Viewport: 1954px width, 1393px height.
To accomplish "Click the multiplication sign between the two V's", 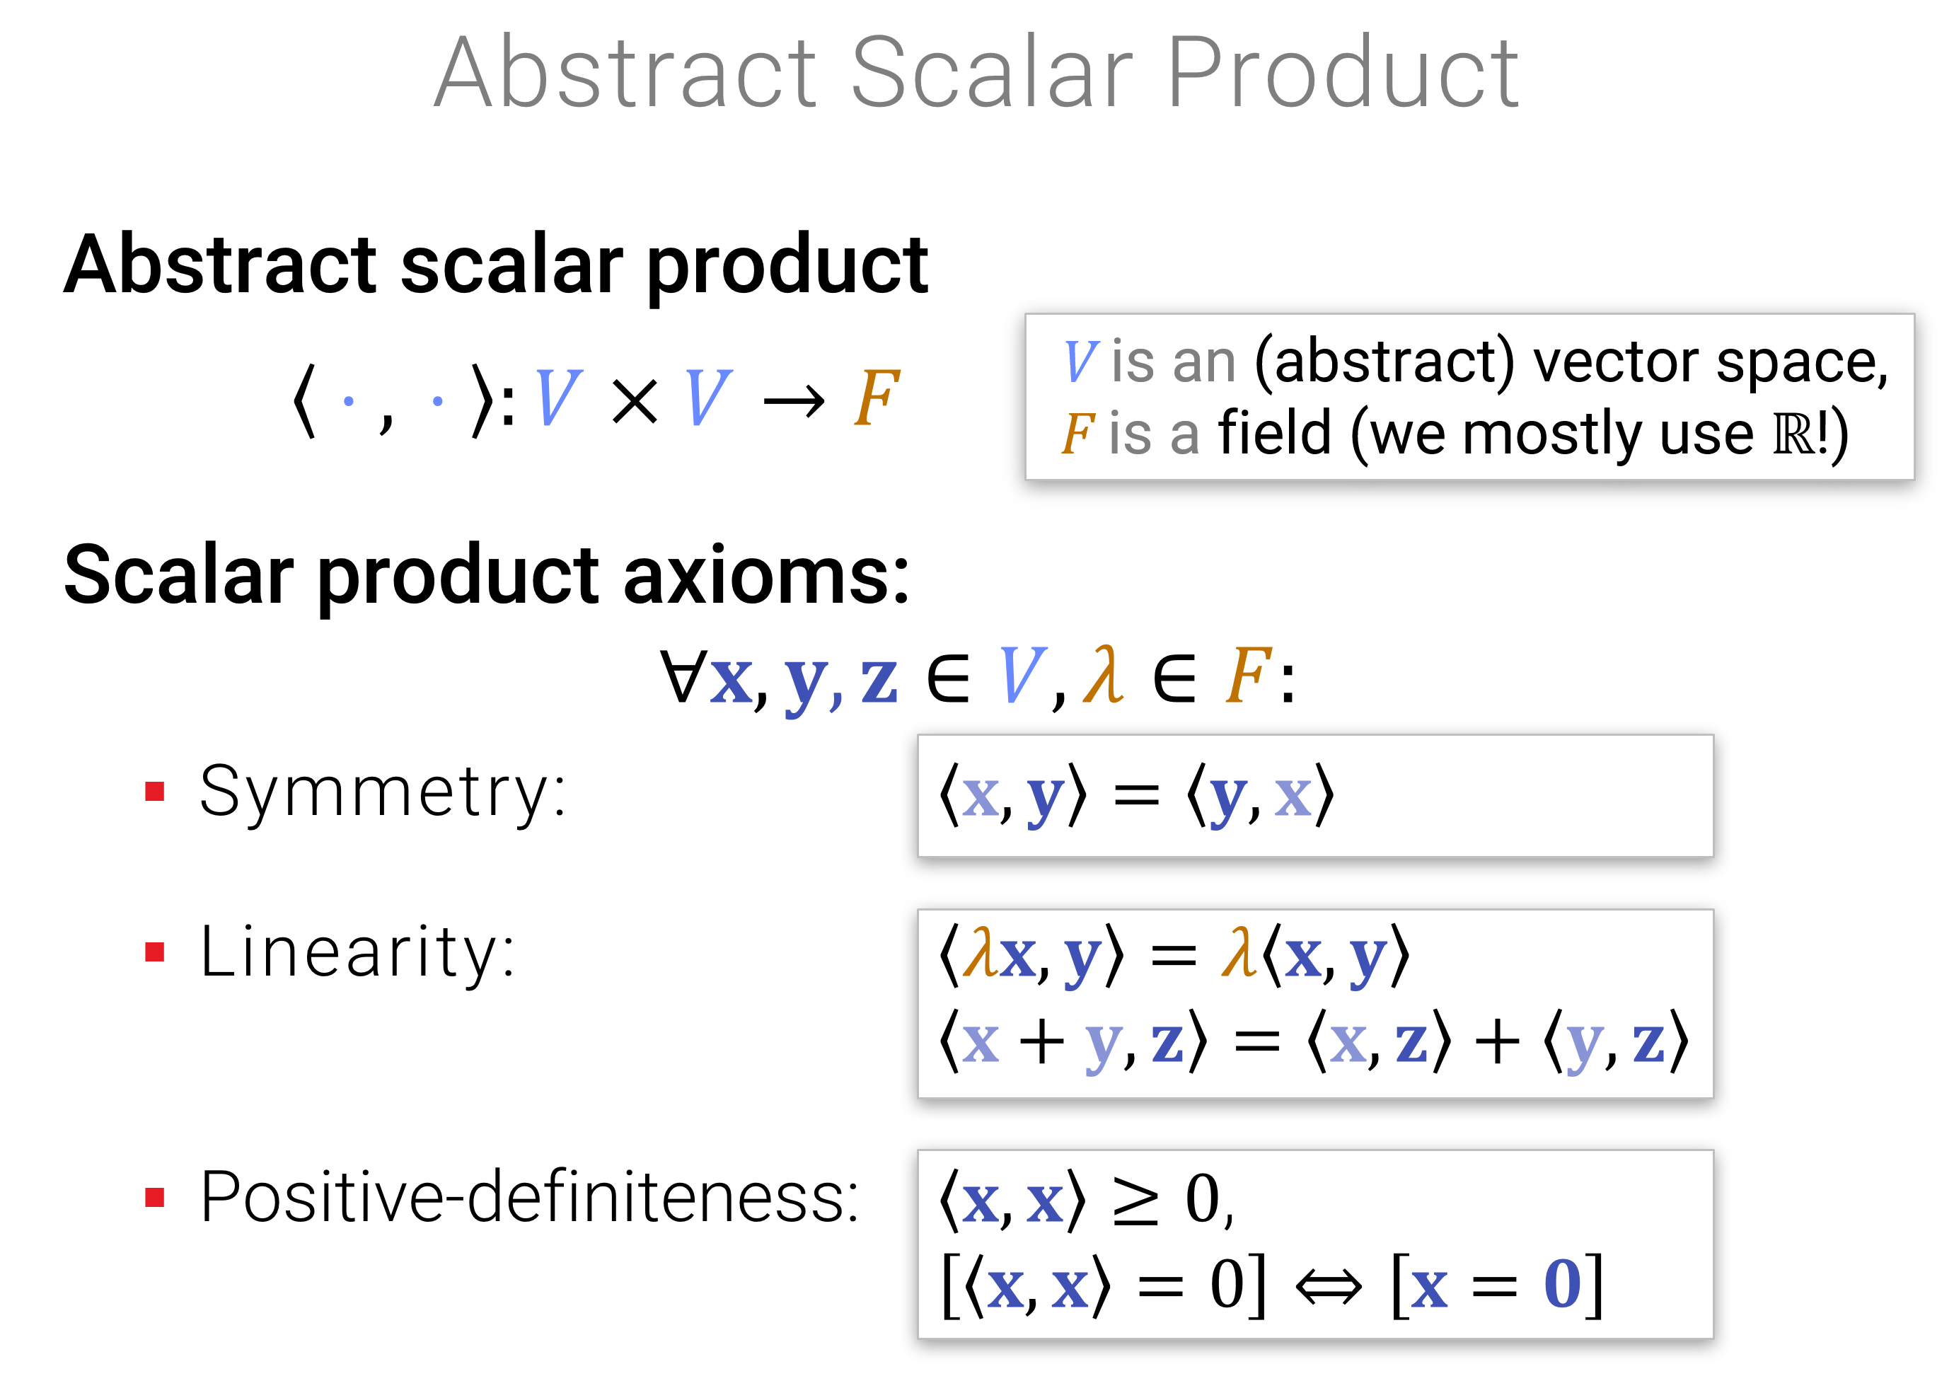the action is [x=635, y=401].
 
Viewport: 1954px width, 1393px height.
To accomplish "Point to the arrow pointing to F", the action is [x=794, y=400].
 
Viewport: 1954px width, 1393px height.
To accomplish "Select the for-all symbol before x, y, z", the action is [x=683, y=676].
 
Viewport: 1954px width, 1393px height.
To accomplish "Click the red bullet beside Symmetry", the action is [x=154, y=791].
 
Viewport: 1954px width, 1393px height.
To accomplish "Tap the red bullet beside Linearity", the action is [x=154, y=952].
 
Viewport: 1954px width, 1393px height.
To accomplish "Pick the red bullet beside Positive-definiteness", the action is [x=154, y=1198].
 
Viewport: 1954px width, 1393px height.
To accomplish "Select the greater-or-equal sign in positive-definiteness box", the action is [x=1135, y=1201].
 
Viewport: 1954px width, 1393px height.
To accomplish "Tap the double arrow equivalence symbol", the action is [x=1328, y=1287].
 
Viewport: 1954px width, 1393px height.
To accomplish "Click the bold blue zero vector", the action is [x=1562, y=1284].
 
